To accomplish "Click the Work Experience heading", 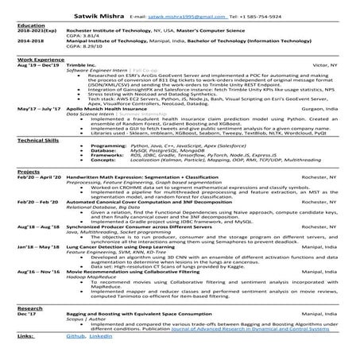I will tap(37, 59).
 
